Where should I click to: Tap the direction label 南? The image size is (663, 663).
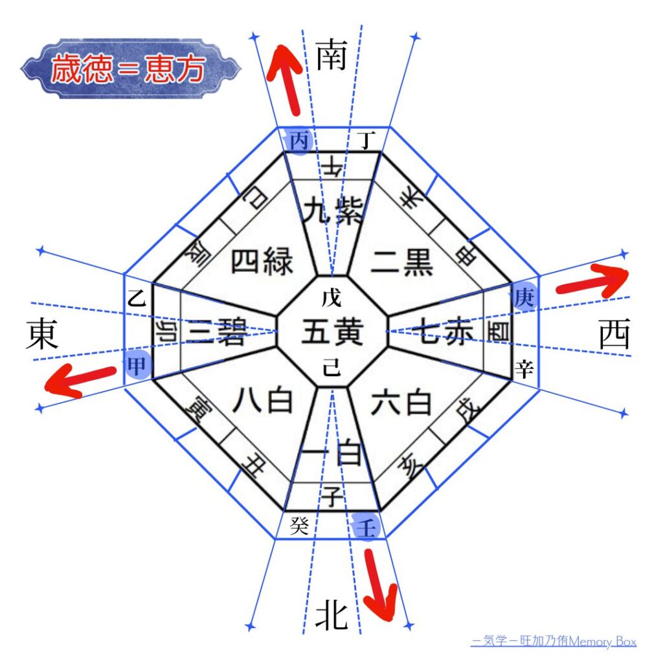(331, 56)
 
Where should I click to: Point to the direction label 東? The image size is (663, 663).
(43, 335)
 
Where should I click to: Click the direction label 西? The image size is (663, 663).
(614, 335)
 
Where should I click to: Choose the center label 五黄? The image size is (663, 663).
(331, 333)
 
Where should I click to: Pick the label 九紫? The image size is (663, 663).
(331, 211)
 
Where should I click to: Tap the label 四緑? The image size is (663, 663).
(262, 262)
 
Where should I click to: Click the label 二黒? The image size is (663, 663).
(401, 262)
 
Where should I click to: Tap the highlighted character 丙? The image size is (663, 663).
(298, 140)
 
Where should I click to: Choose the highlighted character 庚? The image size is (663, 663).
(524, 296)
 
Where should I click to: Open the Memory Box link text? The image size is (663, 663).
(554, 642)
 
